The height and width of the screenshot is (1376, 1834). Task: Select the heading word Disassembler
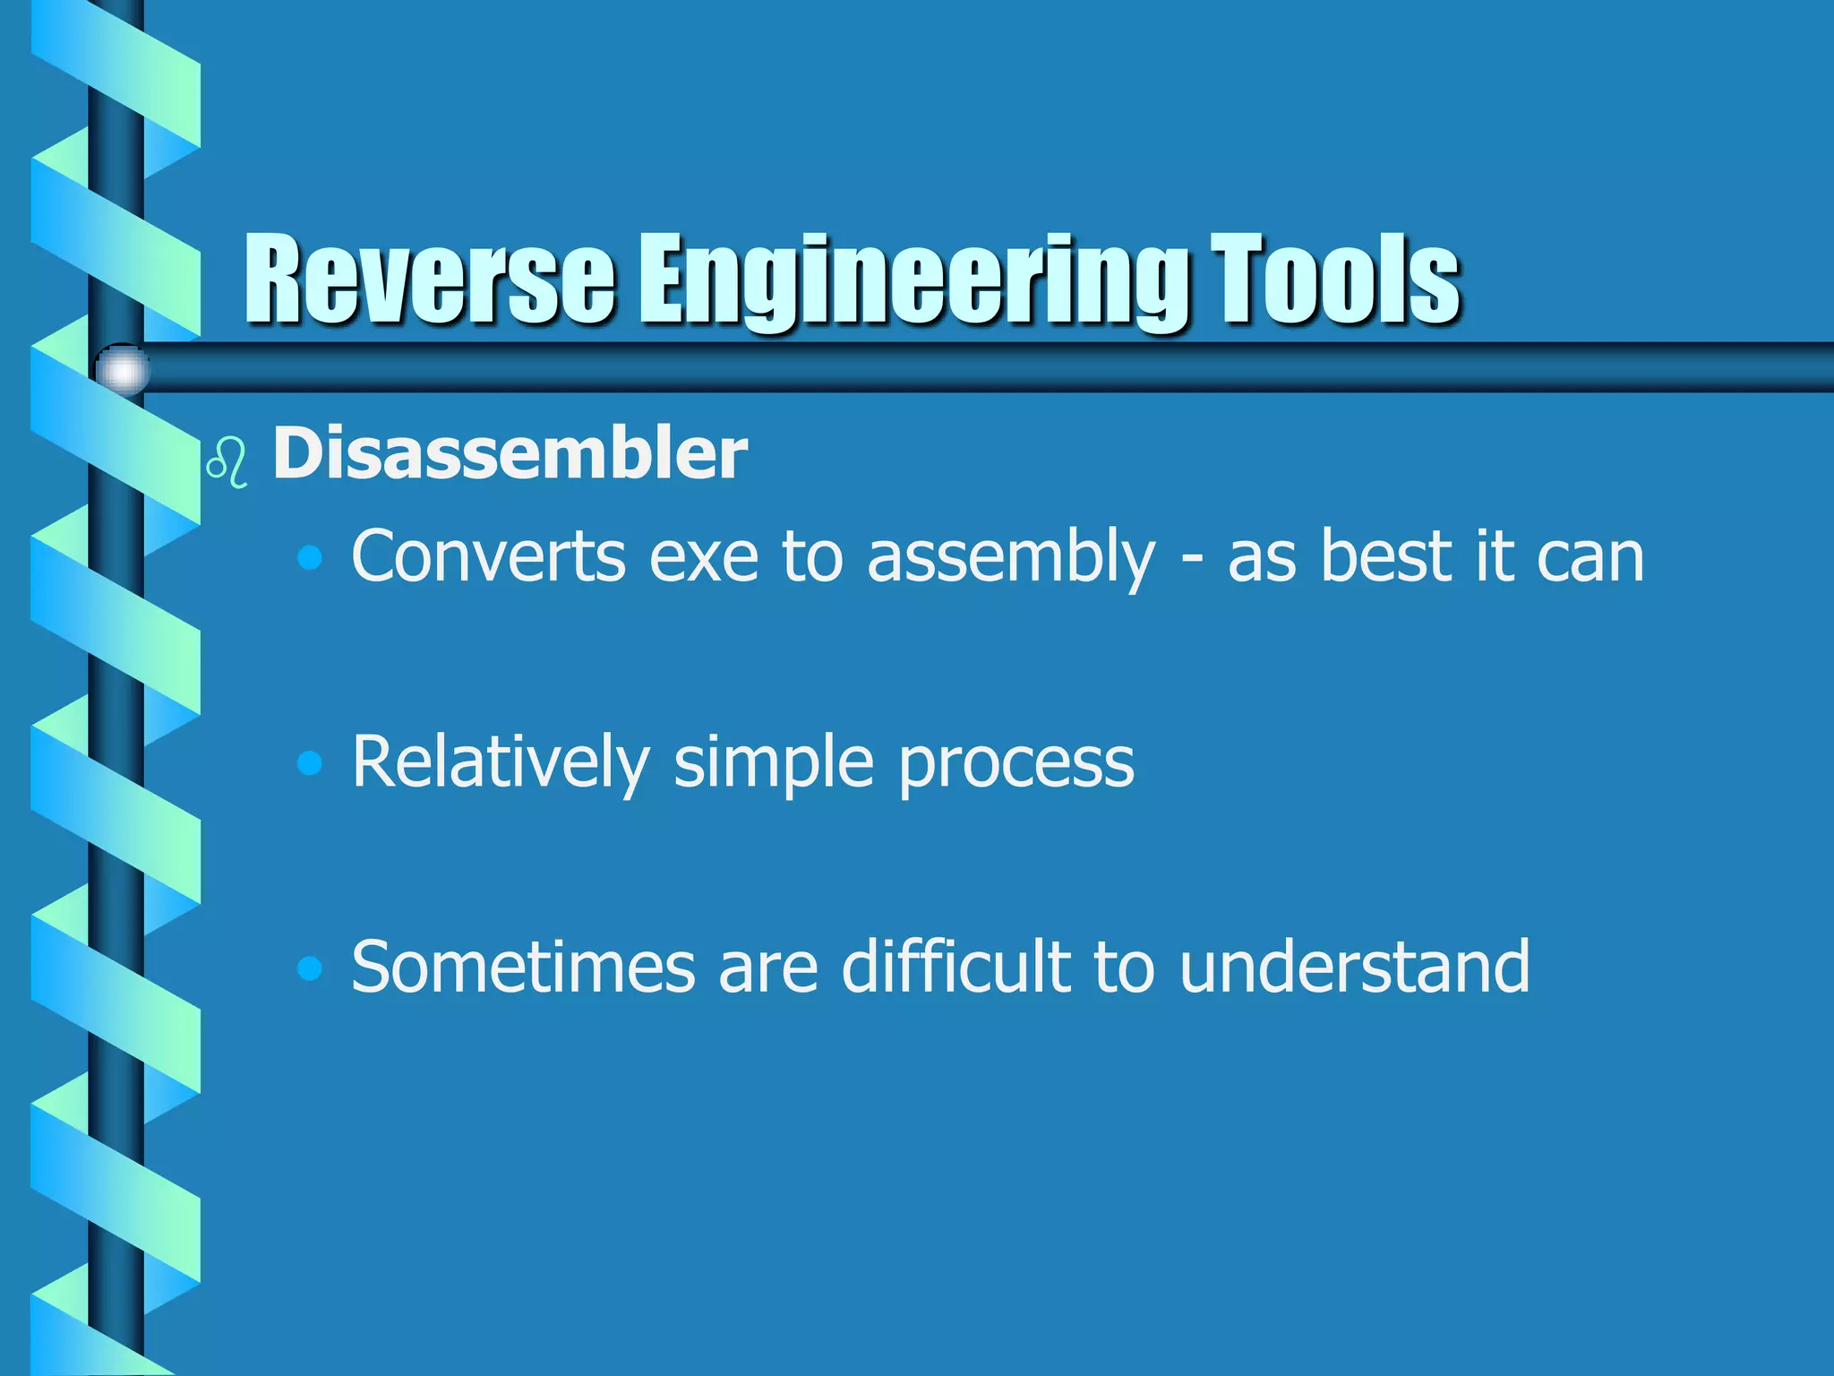pos(510,453)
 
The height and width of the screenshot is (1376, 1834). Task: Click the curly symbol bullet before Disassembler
pos(227,462)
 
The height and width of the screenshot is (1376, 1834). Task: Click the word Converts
pos(488,557)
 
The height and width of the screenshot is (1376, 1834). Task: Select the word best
pos(1385,557)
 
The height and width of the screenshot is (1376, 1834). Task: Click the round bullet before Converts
pos(310,559)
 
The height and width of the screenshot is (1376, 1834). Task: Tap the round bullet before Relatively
pos(310,763)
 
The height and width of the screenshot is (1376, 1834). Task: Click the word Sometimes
pos(523,967)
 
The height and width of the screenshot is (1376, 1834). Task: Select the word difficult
pos(956,967)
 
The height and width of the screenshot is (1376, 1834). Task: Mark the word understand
pos(1354,967)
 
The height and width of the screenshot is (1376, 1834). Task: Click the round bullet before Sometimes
pos(310,968)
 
